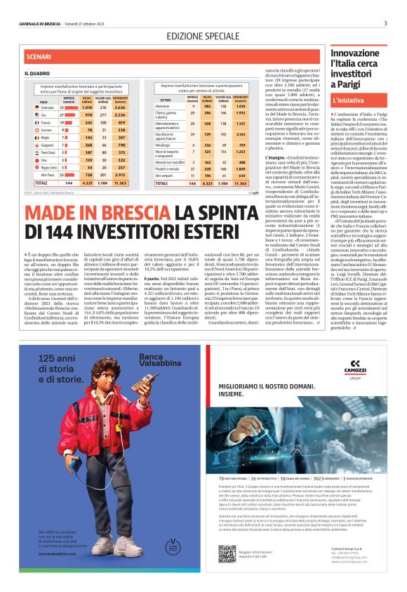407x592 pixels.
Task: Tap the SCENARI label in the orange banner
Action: click(38, 55)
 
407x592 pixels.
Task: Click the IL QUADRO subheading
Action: click(37, 72)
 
